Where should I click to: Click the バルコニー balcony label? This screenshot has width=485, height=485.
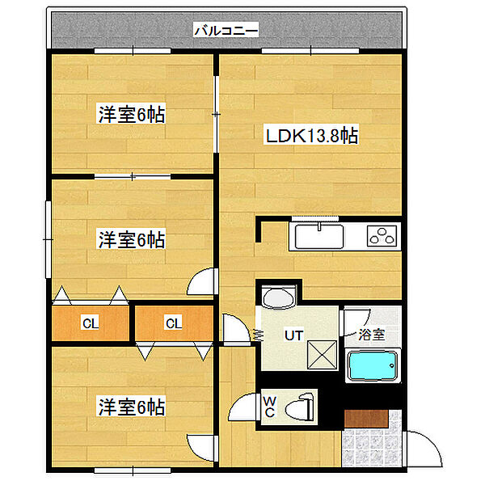pos(226,32)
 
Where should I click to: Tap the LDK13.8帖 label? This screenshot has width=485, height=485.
pos(312,137)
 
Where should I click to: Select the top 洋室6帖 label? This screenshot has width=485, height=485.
pos(132,116)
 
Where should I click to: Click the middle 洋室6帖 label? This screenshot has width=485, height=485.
pos(132,240)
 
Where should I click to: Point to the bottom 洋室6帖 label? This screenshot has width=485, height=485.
pos(132,407)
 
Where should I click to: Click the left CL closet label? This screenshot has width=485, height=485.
pos(90,324)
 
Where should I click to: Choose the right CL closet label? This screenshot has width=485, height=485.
pos(173,324)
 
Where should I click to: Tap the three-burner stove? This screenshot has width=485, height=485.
pos(382,237)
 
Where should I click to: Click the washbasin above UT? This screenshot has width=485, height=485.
pos(279,297)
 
